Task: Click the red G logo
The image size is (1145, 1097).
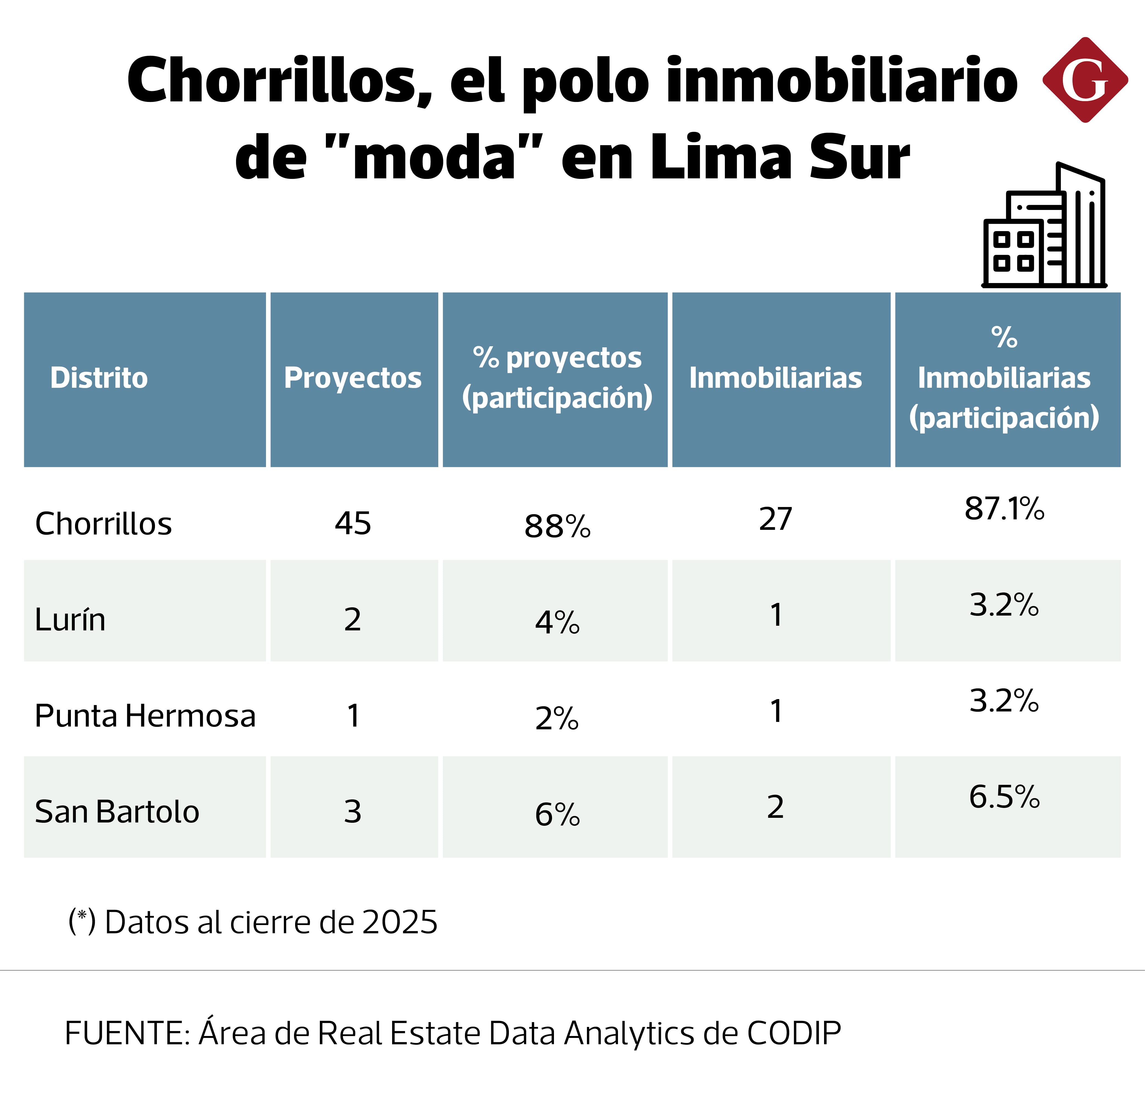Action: coord(1085,80)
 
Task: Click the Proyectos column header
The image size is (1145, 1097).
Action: coord(353,378)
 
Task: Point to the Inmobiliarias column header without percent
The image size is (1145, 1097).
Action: coord(775,378)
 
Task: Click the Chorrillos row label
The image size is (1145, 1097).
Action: coord(103,523)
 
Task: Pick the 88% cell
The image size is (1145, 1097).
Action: coord(557,526)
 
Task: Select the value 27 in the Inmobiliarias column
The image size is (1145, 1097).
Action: coord(775,519)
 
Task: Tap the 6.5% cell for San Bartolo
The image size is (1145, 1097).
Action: coord(1004,797)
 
